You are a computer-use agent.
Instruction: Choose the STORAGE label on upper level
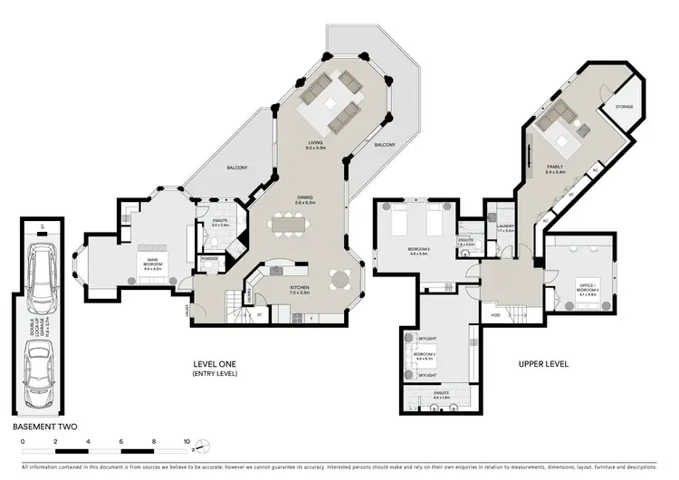[x=624, y=107]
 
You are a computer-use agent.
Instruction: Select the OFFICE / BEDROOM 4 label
[x=588, y=290]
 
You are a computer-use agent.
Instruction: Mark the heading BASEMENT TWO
[x=43, y=424]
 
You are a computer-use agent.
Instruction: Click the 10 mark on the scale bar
[x=186, y=442]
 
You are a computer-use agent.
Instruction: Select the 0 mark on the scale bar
[x=24, y=442]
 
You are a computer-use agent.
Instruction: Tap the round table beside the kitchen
[x=340, y=278]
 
